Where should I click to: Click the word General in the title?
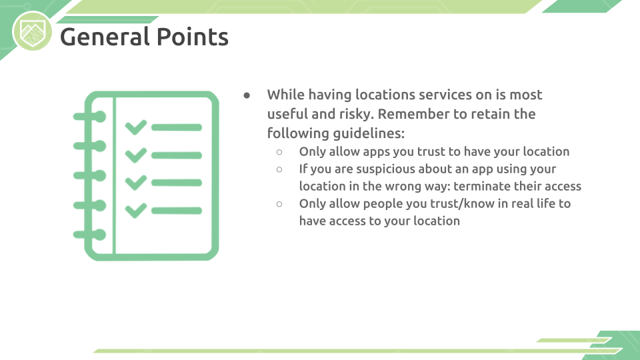point(105,37)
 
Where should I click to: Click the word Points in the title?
point(192,37)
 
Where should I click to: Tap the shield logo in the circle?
point(32,32)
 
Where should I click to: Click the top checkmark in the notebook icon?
point(136,127)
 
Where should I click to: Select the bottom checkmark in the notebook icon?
point(136,211)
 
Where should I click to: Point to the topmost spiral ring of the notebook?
point(90,117)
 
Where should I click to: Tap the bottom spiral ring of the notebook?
point(90,235)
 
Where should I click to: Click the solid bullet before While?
point(247,95)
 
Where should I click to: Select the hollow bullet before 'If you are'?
point(279,169)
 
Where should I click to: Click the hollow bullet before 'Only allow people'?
point(279,204)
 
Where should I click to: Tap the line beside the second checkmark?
point(177,155)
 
